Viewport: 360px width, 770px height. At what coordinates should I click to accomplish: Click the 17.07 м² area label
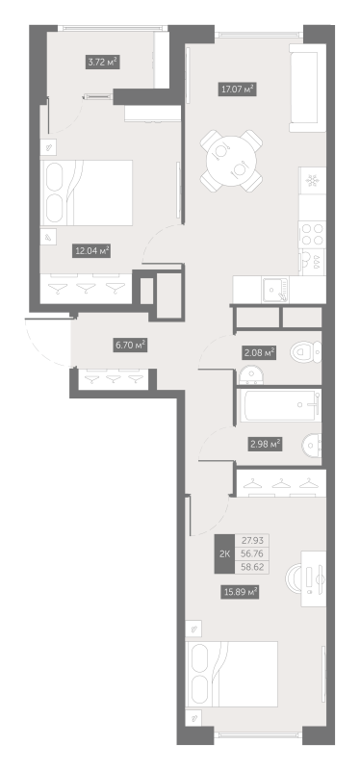(238, 90)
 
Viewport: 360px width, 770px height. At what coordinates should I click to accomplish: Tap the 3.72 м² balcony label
(102, 62)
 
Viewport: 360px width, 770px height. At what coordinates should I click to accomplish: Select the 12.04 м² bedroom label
(91, 251)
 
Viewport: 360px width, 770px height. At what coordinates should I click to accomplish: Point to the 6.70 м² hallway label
(130, 346)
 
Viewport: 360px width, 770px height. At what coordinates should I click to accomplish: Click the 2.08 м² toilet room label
(259, 352)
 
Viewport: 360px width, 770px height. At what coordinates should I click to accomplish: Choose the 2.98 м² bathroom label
(265, 445)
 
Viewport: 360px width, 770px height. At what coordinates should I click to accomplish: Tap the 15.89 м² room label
(240, 592)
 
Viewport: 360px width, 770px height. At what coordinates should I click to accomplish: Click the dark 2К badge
(224, 554)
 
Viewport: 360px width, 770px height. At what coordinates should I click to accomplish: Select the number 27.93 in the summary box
(253, 541)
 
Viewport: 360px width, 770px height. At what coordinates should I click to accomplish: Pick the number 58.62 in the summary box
(253, 567)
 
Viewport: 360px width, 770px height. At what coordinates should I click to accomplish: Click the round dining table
(231, 161)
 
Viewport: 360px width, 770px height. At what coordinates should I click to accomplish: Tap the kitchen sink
(275, 290)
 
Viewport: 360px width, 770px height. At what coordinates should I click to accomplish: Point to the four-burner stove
(313, 234)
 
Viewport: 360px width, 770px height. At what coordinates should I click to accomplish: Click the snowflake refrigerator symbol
(313, 181)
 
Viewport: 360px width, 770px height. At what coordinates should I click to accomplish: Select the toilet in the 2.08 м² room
(305, 352)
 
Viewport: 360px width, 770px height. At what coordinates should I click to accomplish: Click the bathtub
(279, 405)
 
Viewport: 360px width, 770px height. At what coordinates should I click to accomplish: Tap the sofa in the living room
(307, 88)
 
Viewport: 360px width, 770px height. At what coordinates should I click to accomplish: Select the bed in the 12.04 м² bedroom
(87, 193)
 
